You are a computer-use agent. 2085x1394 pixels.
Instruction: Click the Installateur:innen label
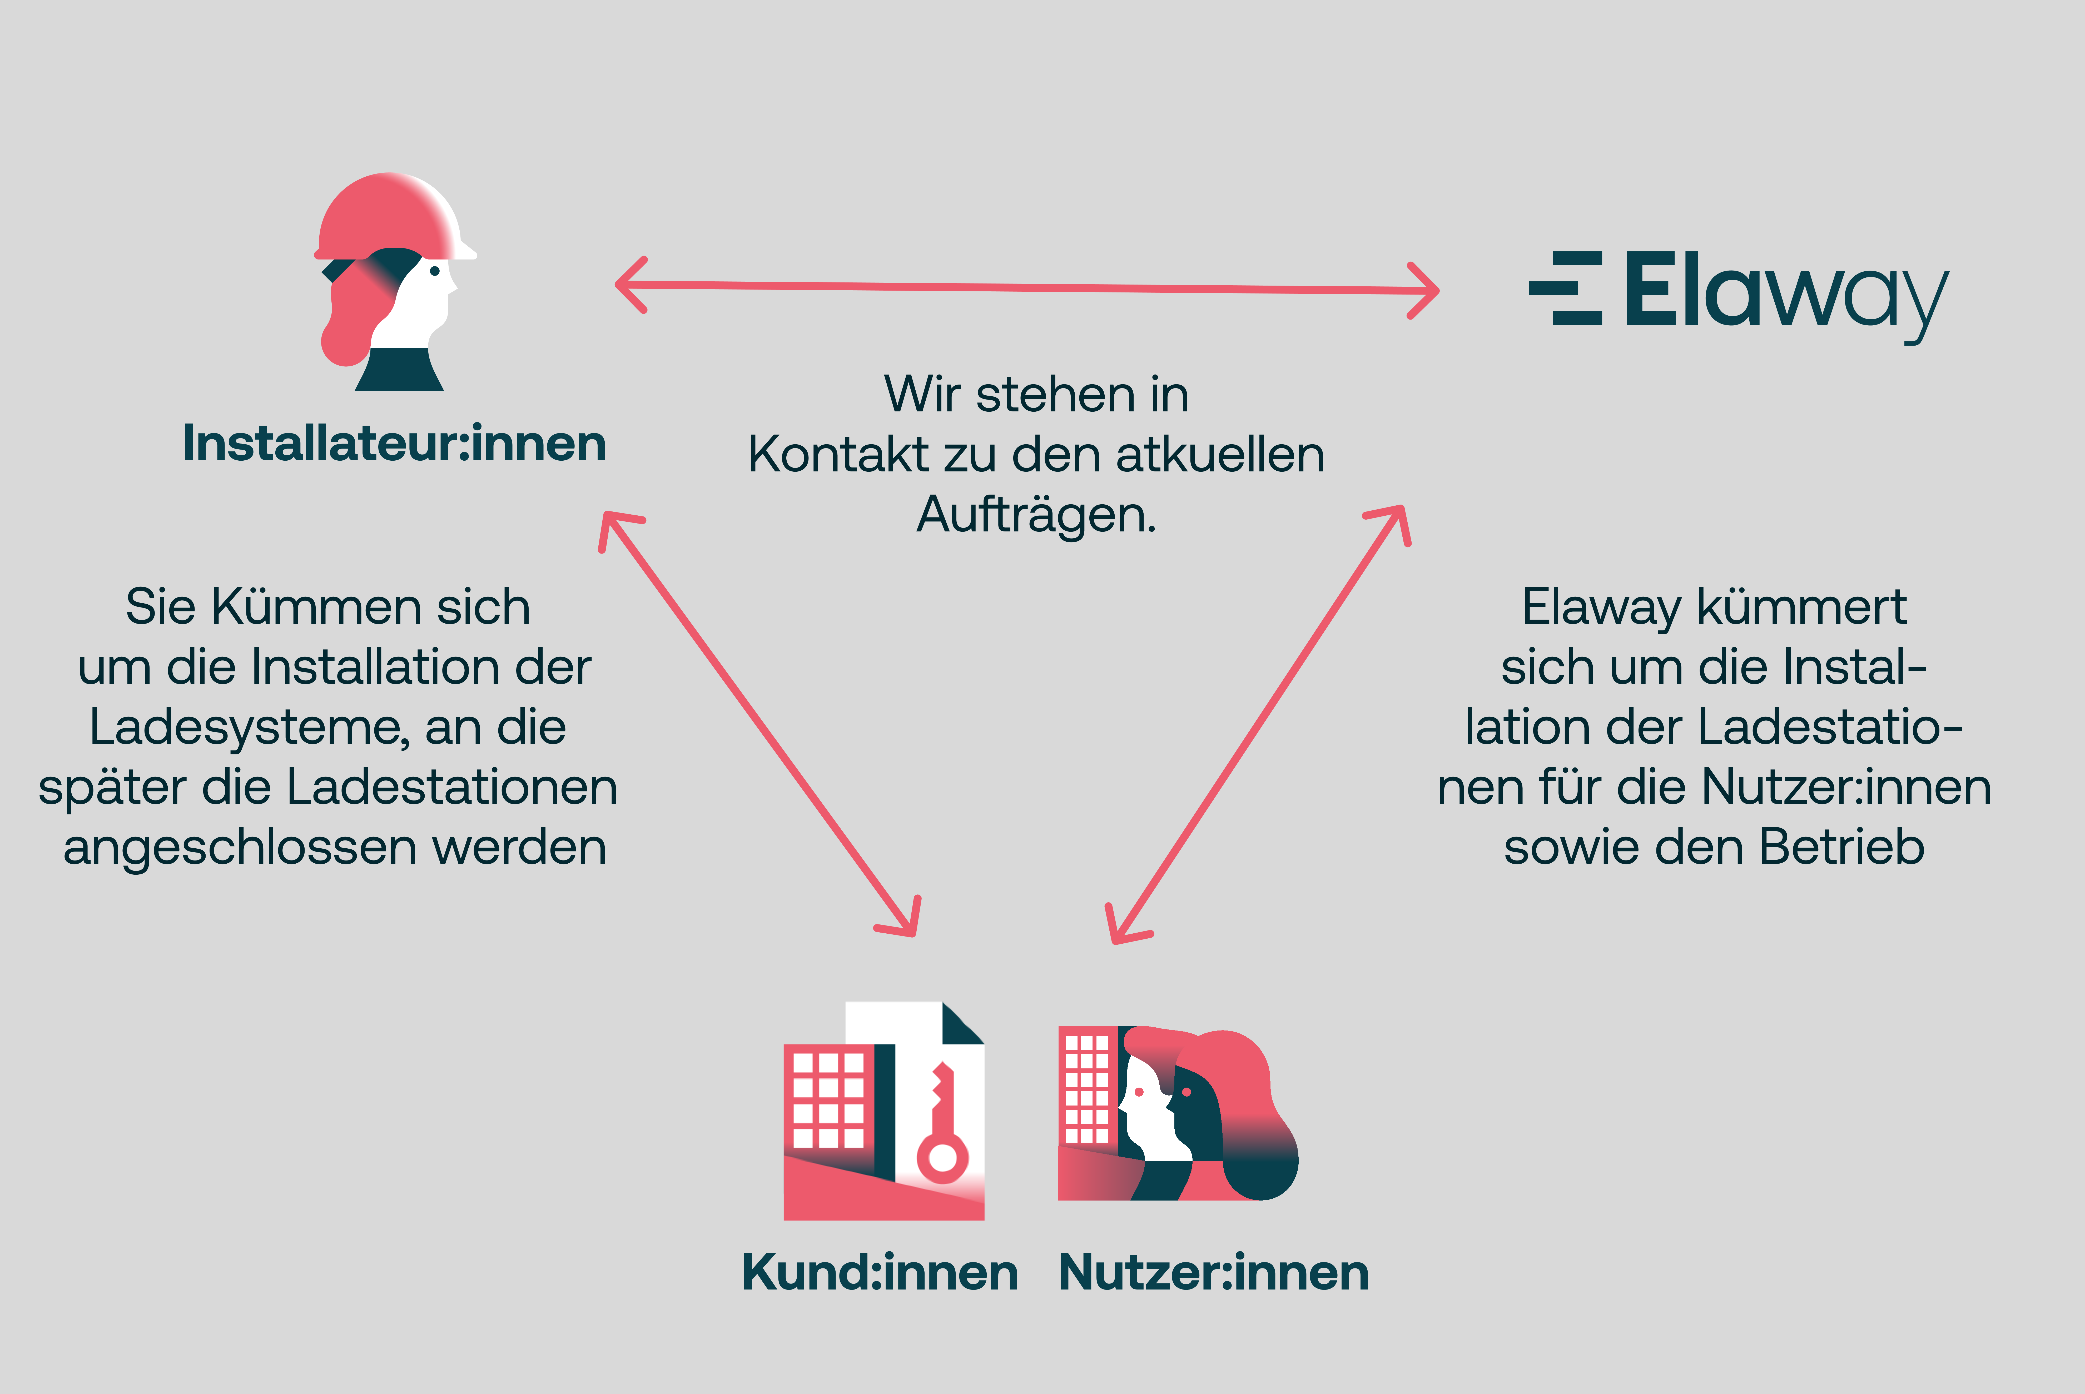[394, 443]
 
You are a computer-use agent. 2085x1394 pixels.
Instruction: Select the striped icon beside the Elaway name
[1567, 288]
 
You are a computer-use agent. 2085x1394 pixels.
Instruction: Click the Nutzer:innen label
[1214, 1272]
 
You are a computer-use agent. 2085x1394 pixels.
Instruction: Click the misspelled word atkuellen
[1220, 455]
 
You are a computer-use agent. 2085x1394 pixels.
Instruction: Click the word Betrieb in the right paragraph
[1842, 847]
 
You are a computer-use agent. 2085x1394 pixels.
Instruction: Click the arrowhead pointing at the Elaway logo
[1427, 290]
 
